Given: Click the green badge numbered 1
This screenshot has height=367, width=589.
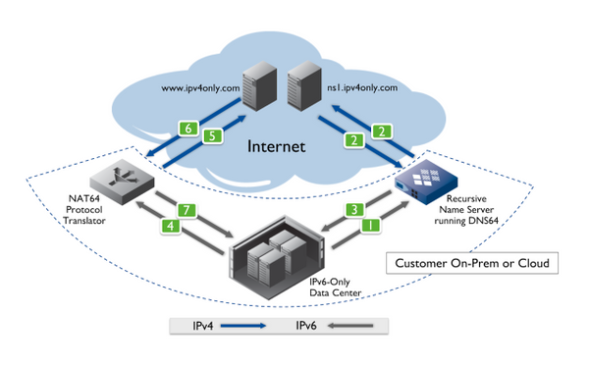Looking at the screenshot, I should (x=369, y=225).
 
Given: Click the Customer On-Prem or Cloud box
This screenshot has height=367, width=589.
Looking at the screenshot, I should (x=476, y=263).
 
